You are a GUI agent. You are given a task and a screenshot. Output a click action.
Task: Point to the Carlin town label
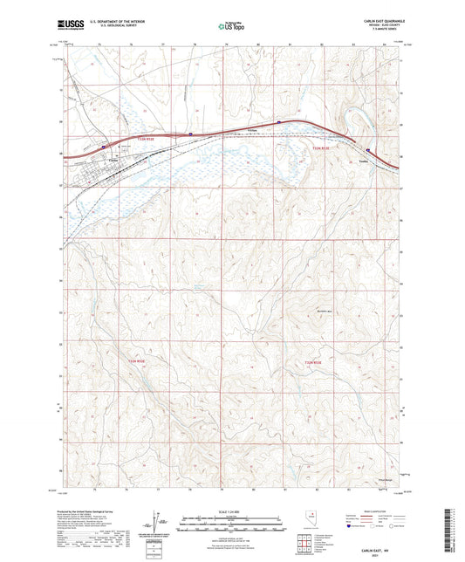coord(112,159)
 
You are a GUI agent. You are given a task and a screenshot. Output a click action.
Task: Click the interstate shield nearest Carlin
coord(104,147)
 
